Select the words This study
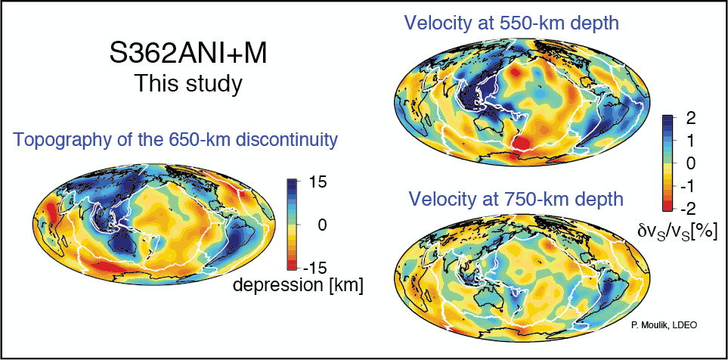(x=188, y=82)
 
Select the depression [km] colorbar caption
(x=298, y=285)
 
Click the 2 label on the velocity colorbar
(x=690, y=118)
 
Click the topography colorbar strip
(x=291, y=225)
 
